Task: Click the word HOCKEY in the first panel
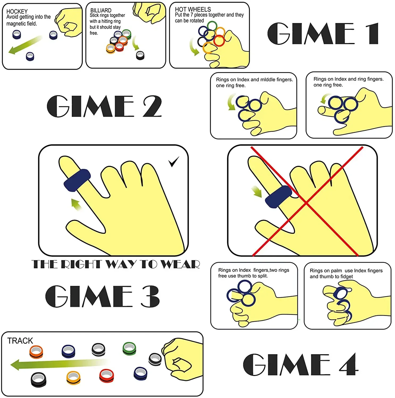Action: tap(17, 11)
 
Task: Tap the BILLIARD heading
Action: tap(101, 10)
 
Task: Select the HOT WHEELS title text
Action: tap(193, 9)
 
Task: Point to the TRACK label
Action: tap(20, 341)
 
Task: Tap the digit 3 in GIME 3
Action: tap(150, 296)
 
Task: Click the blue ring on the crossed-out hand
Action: tap(278, 197)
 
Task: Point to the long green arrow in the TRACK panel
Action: tap(59, 364)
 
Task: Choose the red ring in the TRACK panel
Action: tap(107, 376)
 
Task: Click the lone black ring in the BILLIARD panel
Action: tap(140, 55)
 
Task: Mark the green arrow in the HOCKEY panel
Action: tap(25, 45)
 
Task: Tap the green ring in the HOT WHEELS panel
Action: tap(212, 26)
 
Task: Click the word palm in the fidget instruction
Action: tap(336, 271)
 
